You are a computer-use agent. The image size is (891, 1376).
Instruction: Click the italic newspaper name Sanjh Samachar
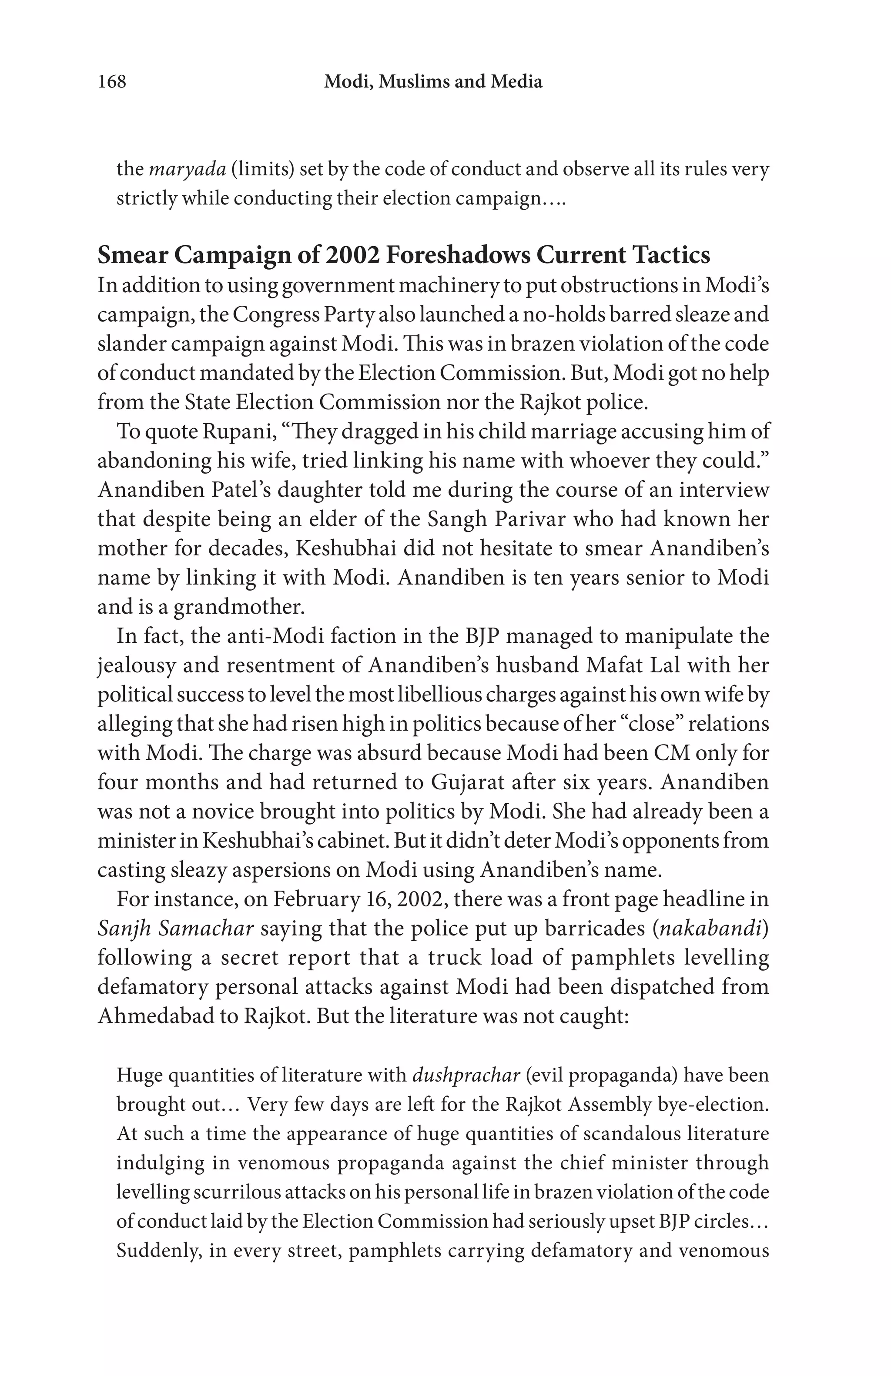tap(175, 928)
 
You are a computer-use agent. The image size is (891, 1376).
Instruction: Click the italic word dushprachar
tap(466, 1075)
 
